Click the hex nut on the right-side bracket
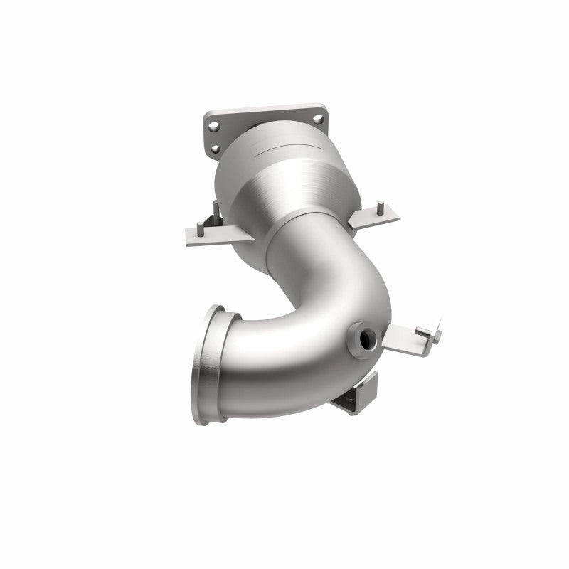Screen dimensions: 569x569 (x=422, y=331)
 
